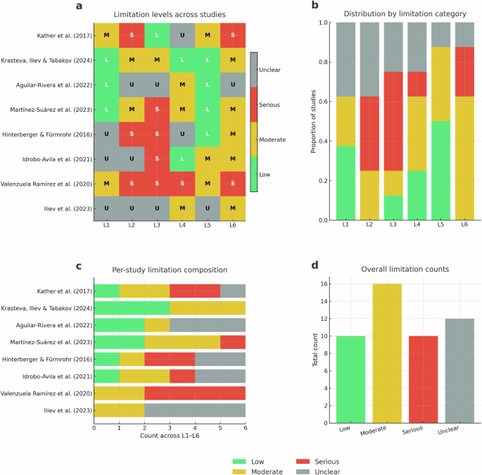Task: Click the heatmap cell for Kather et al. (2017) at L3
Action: (x=157, y=35)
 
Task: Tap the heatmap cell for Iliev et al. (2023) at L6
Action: (x=233, y=208)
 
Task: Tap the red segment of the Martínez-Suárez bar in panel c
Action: (x=232, y=341)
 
